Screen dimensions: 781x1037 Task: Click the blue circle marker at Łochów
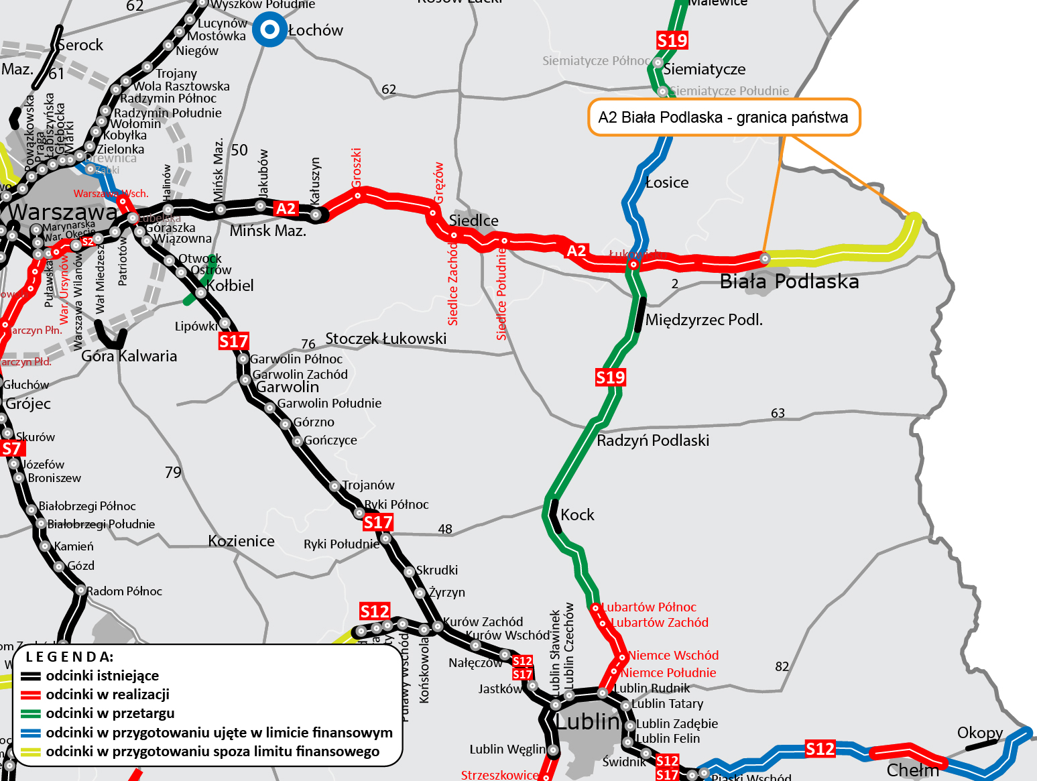pyautogui.click(x=269, y=29)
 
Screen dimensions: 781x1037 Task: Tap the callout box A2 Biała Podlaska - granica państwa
pyautogui.click(x=723, y=118)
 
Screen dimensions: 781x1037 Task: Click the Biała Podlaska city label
pyautogui.click(x=789, y=282)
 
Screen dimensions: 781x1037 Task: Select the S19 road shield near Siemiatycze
pyautogui.click(x=672, y=41)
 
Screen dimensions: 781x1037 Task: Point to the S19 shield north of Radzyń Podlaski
pyautogui.click(x=610, y=377)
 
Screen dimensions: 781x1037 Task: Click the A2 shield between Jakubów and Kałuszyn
pyautogui.click(x=286, y=208)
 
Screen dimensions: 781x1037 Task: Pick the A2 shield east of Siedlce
pyautogui.click(x=576, y=251)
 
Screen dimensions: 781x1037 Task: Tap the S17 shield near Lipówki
pyautogui.click(x=233, y=342)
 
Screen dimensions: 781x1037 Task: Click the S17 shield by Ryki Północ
pyautogui.click(x=378, y=522)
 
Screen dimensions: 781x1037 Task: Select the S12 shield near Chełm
pyautogui.click(x=820, y=749)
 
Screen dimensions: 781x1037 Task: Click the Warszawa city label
pyautogui.click(x=62, y=213)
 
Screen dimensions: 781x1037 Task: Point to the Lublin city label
pyautogui.click(x=588, y=722)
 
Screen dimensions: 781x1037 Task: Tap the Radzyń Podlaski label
pyautogui.click(x=652, y=440)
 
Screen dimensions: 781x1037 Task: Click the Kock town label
pyautogui.click(x=577, y=515)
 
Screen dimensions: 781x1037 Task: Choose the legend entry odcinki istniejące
pyautogui.click(x=102, y=676)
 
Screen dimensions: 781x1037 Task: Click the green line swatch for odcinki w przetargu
pyautogui.click(x=31, y=714)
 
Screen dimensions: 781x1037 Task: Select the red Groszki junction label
pyautogui.click(x=357, y=168)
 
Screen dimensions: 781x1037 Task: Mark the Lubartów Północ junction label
pyautogui.click(x=648, y=607)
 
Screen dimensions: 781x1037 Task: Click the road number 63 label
pyautogui.click(x=778, y=413)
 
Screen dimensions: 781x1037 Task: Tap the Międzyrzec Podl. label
pyautogui.click(x=704, y=320)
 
